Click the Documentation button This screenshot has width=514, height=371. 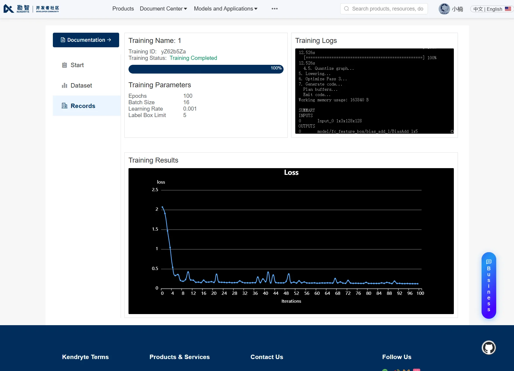86,40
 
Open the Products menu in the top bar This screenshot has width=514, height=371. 123,9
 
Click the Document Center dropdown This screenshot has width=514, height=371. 163,9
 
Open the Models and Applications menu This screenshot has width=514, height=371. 225,9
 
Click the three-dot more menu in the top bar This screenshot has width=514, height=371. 275,9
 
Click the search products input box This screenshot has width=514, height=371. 384,9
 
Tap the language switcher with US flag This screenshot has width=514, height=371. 492,9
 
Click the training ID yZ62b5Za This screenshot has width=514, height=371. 173,52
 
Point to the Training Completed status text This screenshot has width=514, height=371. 193,58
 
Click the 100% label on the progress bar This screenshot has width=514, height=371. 276,68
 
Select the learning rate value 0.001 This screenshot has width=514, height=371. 190,109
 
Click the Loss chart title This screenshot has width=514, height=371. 291,173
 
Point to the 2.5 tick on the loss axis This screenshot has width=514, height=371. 155,190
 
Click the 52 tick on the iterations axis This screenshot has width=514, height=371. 296,293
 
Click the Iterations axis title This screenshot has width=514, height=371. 291,301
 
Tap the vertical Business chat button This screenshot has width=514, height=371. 489,285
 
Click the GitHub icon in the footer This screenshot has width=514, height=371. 489,348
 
